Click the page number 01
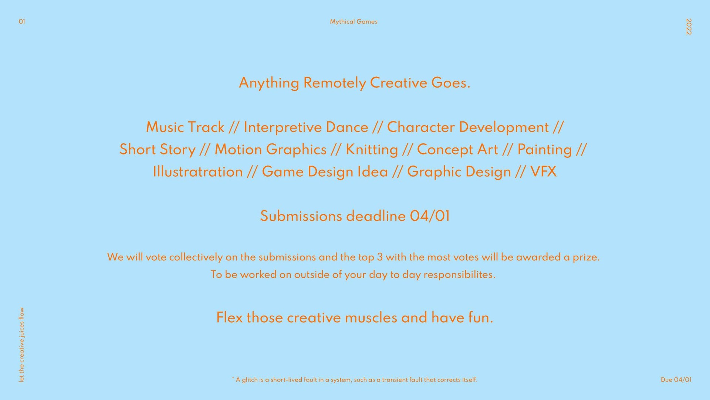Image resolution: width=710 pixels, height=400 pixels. (x=22, y=21)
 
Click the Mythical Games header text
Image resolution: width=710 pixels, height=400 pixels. (x=354, y=22)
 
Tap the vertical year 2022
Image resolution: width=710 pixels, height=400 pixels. (x=689, y=27)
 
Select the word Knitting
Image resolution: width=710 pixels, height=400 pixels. (x=372, y=150)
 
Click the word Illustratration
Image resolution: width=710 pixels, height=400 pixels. (x=198, y=172)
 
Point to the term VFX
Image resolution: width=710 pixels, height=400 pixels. (x=543, y=172)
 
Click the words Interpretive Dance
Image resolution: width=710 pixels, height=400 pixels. (x=306, y=128)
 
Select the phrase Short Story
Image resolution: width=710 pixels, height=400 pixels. (x=157, y=150)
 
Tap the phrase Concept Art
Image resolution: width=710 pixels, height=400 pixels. (x=457, y=150)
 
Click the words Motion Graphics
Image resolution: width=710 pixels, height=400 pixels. (x=271, y=150)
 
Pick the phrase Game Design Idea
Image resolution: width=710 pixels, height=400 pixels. (x=325, y=172)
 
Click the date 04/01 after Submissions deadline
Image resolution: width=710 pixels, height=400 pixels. (x=430, y=216)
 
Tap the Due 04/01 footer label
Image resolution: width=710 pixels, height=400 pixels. (x=676, y=380)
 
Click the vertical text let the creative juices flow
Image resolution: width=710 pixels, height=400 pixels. (x=21, y=345)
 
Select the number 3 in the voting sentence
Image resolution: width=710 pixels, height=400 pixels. (x=380, y=257)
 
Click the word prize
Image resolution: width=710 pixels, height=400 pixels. (x=586, y=257)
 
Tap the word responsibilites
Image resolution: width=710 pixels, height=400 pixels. (x=459, y=275)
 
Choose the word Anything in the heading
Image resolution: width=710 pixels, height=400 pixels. (x=269, y=83)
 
